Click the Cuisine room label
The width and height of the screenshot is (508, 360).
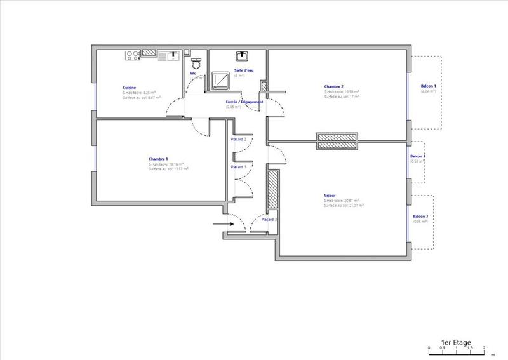pos(129,88)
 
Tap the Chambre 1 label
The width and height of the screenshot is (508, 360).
pos(157,159)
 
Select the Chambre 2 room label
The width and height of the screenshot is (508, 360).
pos(333,86)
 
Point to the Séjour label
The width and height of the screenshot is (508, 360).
pos(330,196)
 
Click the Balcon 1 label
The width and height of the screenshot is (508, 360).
pos(429,86)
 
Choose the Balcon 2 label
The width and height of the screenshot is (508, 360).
pos(417,156)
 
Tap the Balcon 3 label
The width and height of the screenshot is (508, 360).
pos(420,217)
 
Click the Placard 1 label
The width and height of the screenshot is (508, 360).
pos(238,166)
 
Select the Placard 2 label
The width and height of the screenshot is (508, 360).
pos(238,138)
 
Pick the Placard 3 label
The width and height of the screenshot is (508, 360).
pos(269,219)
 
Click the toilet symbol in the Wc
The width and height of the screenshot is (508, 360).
pos(196,63)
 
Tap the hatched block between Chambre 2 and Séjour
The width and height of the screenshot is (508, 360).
pos(337,142)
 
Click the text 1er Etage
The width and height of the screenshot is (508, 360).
pos(460,340)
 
